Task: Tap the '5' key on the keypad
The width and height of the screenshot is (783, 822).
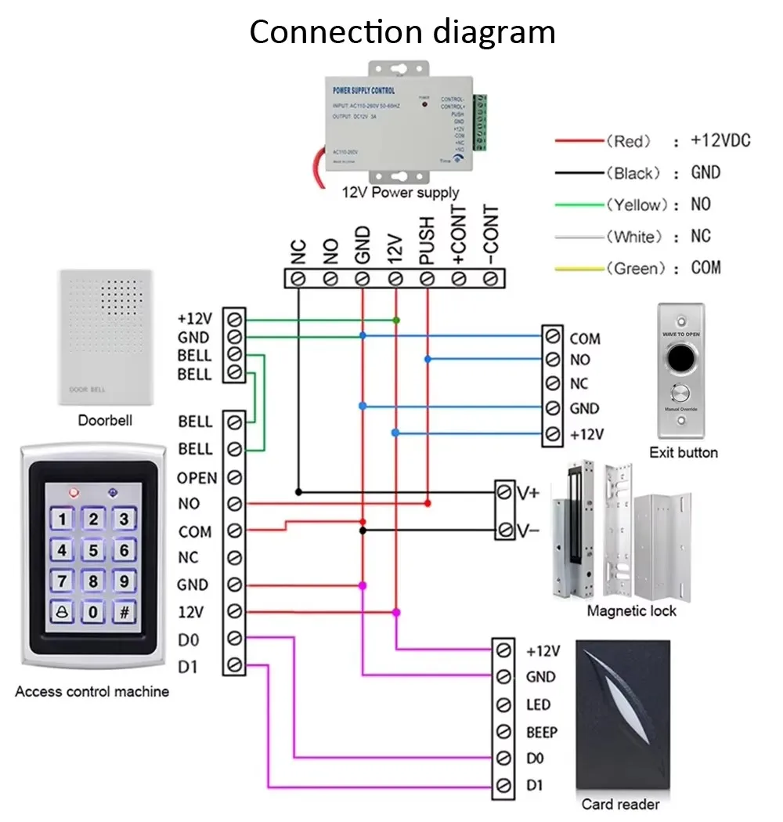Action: pyautogui.click(x=94, y=550)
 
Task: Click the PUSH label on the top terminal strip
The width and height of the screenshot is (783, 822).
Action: pyautogui.click(x=427, y=241)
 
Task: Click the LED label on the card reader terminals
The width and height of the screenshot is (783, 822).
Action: pyautogui.click(x=538, y=705)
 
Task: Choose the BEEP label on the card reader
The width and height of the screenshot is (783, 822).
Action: pyautogui.click(x=541, y=733)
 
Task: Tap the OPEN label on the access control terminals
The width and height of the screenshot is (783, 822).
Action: pyautogui.click(x=197, y=478)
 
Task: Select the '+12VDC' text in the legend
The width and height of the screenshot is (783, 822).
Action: pyautogui.click(x=720, y=141)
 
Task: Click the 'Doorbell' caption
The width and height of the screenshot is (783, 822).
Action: pyautogui.click(x=105, y=421)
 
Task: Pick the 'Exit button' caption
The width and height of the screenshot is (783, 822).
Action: pyautogui.click(x=683, y=453)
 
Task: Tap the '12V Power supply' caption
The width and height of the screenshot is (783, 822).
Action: pyautogui.click(x=400, y=193)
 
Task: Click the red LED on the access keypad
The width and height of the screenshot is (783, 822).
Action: pyautogui.click(x=74, y=493)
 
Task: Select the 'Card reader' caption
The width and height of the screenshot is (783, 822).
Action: pyautogui.click(x=620, y=804)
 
